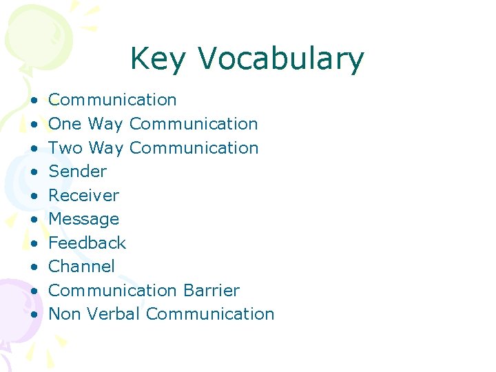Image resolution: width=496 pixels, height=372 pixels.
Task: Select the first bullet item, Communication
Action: [x=112, y=100]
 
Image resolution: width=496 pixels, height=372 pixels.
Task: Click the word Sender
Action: [x=77, y=172]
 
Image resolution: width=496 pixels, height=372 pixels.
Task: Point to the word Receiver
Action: [x=83, y=195]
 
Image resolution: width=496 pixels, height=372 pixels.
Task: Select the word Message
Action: [x=83, y=219]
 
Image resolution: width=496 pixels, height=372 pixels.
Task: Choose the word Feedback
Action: [x=87, y=242]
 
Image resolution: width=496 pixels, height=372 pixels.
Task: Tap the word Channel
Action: [x=81, y=267]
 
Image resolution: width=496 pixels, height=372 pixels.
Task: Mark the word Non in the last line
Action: [x=65, y=314]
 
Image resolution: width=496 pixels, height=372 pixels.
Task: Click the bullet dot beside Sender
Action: [x=34, y=172]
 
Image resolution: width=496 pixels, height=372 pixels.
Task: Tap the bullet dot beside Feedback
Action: [x=34, y=243]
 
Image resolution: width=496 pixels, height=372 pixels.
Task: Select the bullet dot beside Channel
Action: [x=34, y=267]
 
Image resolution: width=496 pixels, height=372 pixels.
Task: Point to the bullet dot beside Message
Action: [x=34, y=220]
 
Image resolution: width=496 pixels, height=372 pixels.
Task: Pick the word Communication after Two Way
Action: [x=194, y=147]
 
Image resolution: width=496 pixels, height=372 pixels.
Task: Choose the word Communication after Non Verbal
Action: [x=210, y=314]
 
